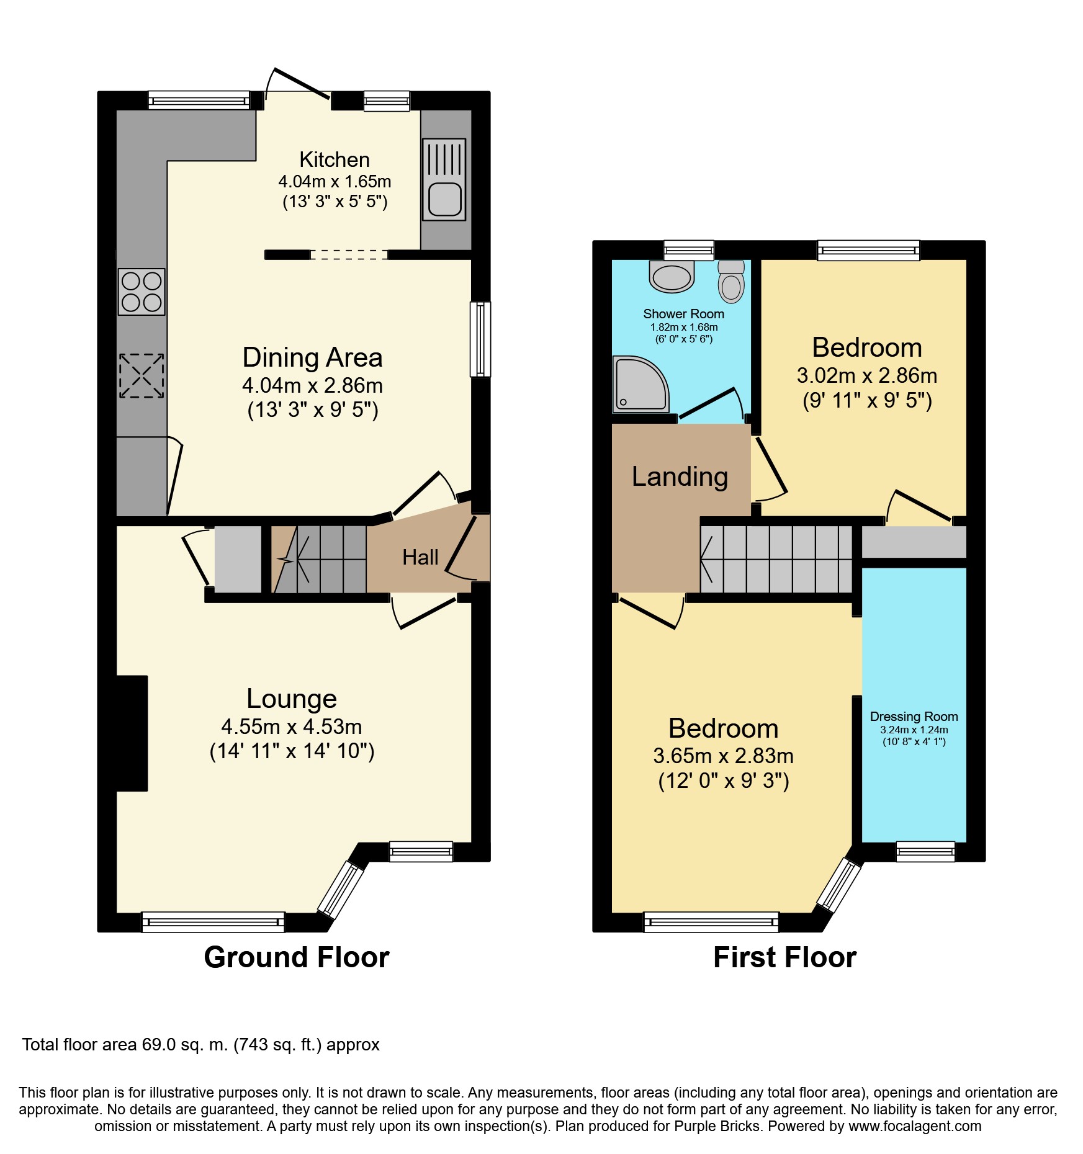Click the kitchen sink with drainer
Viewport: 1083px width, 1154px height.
coord(444,179)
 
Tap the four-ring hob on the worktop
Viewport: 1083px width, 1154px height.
coord(142,292)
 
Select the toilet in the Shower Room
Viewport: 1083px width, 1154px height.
coord(731,282)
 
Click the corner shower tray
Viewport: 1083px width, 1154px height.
coord(640,384)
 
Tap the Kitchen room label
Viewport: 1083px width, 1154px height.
coord(335,159)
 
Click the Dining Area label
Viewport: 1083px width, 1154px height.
coord(312,357)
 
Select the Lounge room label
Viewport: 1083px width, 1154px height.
coord(292,699)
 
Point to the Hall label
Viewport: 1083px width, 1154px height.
coord(420,557)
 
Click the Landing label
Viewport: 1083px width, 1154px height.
coord(680,476)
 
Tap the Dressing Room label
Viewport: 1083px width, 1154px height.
coord(914,717)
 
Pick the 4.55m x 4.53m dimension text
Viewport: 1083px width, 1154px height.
coord(292,727)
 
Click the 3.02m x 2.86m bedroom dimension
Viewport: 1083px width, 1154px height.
coord(867,375)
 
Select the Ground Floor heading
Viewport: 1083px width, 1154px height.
coord(297,957)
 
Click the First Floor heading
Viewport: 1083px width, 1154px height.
coord(784,957)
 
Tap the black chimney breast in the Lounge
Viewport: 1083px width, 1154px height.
coord(132,733)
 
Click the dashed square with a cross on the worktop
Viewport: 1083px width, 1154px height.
coord(142,375)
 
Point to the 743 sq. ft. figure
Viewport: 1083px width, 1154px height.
coord(277,1045)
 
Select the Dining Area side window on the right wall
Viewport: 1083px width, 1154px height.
coord(480,339)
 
